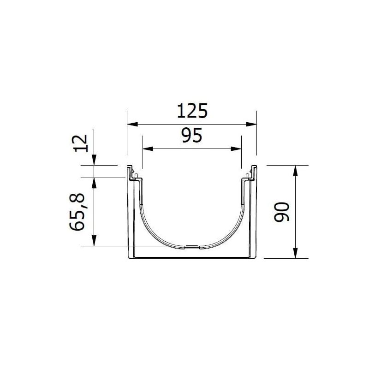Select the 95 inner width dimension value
click(x=192, y=137)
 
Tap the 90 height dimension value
click(x=281, y=212)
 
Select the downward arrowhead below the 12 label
click(x=94, y=160)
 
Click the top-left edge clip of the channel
click(x=131, y=173)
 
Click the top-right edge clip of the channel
click(x=252, y=173)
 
